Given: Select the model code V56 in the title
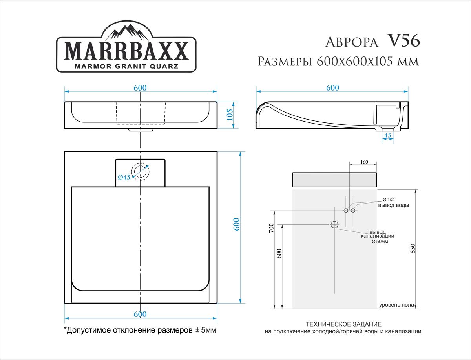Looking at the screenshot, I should point(404,41).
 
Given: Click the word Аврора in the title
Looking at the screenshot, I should point(352,42).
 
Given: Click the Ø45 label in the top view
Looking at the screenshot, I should point(124,177).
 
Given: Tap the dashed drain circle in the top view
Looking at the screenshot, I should point(140,171).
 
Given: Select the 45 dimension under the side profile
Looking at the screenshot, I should point(387,135).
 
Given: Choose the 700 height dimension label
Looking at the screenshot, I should point(270,229).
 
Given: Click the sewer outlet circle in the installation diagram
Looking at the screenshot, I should point(334,225).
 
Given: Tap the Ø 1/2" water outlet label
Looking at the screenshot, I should point(388,200).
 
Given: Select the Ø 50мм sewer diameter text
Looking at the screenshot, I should point(380,242).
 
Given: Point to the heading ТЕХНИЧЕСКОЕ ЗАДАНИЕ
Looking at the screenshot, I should point(343,325).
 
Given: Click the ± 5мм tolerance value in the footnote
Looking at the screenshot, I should point(206,330).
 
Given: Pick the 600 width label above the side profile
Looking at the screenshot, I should point(332,88).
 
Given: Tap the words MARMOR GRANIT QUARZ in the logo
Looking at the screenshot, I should point(126,66).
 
